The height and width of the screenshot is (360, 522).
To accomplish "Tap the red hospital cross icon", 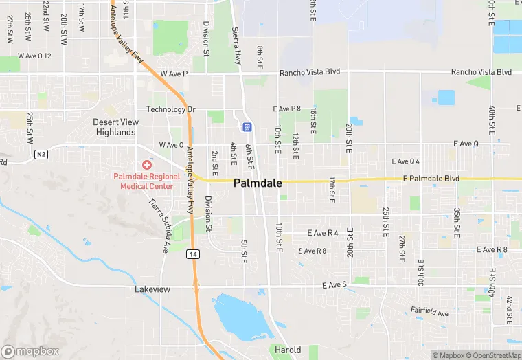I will (146, 165).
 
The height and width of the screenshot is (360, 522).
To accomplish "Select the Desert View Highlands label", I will (116, 127).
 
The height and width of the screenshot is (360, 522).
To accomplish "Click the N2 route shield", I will (42, 155).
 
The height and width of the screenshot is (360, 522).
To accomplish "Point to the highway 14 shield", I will (194, 254).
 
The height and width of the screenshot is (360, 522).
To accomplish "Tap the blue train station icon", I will (247, 127).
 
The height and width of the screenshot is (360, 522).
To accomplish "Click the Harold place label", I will (288, 350).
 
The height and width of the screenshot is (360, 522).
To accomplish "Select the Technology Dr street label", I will (171, 109).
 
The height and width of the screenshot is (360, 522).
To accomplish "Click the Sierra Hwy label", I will (237, 44).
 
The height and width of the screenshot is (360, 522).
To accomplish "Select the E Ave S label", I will (335, 284).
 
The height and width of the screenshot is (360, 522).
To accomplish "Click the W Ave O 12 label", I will (35, 56).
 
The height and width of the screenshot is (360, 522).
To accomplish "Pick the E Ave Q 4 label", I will (405, 161).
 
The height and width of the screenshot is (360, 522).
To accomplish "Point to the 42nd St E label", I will (509, 311).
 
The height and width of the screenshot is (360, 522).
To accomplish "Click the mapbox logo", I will (30, 351).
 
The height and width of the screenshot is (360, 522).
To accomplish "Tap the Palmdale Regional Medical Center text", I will (146, 181).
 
